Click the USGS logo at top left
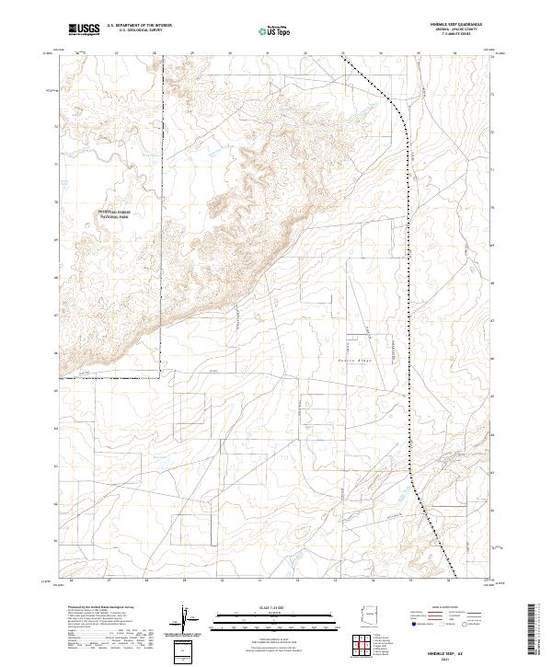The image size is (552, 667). point(84,30)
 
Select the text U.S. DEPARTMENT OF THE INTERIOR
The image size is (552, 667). point(139,27)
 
